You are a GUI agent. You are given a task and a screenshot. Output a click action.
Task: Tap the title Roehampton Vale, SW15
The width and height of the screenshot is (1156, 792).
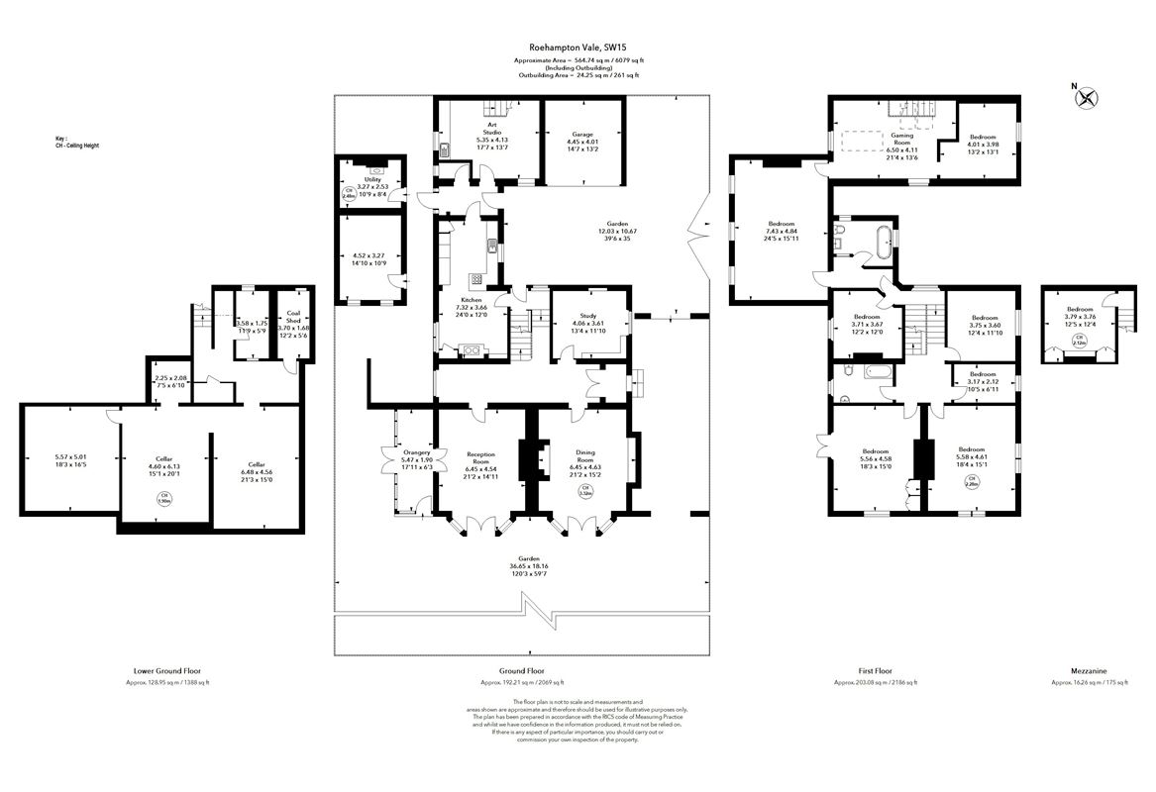tap(576, 47)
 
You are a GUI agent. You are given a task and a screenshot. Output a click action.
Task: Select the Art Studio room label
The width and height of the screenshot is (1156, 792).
tap(492, 128)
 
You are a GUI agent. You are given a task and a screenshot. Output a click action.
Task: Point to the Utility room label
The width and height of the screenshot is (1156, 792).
tap(371, 179)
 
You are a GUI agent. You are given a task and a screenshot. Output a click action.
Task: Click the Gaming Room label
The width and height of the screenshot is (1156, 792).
tap(901, 139)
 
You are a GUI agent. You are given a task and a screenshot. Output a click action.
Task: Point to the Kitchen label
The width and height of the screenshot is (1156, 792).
tap(472, 300)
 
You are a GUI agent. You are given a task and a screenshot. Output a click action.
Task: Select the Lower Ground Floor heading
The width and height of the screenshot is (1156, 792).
tap(166, 669)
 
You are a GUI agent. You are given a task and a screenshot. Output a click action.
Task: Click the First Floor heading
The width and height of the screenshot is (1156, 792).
tap(875, 669)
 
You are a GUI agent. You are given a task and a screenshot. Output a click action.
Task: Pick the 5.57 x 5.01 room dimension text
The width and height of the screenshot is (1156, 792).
tap(72, 458)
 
